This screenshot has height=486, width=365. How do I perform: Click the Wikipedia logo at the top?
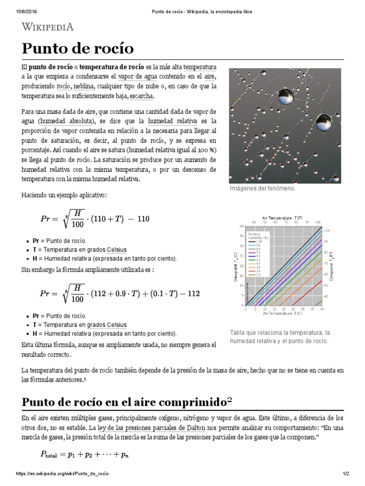48,27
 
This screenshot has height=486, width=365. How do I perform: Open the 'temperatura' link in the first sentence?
200,67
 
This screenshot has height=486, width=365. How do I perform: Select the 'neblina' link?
83,87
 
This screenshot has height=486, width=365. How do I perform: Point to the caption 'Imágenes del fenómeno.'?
262,188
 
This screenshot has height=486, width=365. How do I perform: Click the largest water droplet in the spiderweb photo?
286,94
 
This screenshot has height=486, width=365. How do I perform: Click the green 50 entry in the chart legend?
254,260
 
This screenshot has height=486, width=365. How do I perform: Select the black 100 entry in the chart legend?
254,242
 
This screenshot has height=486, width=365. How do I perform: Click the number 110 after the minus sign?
143,219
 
